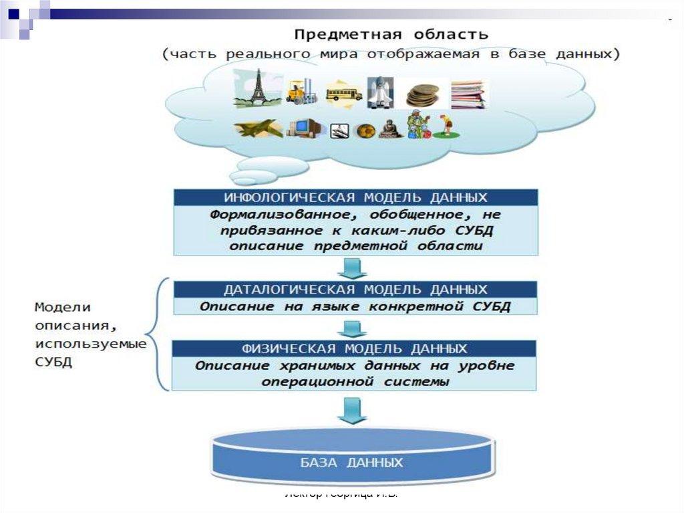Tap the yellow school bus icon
(x=344, y=92)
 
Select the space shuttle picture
(x=379, y=92)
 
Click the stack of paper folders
(x=468, y=94)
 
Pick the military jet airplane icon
(x=258, y=128)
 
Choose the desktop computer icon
(x=305, y=126)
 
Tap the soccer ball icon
(x=365, y=130)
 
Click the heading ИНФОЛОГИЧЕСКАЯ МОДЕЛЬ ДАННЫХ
(x=355, y=197)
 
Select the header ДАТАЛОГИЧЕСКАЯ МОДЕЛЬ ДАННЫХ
(x=355, y=290)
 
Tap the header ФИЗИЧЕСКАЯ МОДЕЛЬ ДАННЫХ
(x=354, y=348)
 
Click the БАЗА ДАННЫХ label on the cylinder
(x=352, y=462)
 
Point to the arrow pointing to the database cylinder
(x=352, y=410)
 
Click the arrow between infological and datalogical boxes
(x=352, y=268)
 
